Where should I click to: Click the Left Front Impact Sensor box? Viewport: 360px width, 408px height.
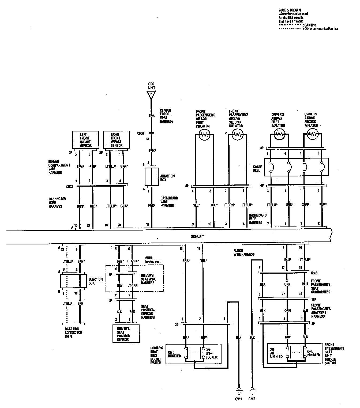click(86, 140)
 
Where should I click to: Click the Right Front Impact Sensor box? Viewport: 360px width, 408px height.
click(116, 140)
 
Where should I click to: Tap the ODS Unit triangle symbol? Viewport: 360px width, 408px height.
click(151, 95)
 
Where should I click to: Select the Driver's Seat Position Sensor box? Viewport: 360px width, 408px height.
click(126, 334)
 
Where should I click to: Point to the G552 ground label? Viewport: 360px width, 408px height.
click(252, 399)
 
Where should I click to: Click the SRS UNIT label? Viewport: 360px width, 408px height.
click(197, 237)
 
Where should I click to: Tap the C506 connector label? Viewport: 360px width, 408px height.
click(141, 133)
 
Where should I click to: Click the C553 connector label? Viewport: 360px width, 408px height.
click(314, 273)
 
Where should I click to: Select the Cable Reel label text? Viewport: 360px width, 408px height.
click(257, 168)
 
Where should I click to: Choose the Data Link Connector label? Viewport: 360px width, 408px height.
click(73, 332)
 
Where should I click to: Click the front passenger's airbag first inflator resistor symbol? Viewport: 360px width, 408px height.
click(205, 135)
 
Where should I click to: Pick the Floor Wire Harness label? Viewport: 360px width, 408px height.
click(244, 252)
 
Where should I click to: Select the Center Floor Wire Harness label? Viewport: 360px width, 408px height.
click(167, 116)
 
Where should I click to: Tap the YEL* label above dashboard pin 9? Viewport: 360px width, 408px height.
click(196, 205)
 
